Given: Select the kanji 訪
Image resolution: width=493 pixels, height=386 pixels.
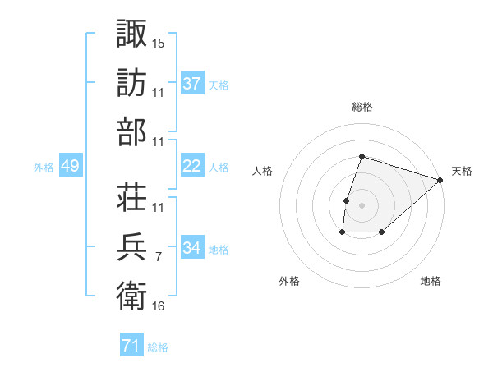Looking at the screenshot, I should tap(131, 82).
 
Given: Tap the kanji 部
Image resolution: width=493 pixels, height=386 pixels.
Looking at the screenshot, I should tap(131, 132).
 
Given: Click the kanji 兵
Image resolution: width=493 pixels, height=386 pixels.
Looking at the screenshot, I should tap(131, 246).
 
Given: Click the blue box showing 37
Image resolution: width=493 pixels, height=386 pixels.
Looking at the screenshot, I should tap(191, 83).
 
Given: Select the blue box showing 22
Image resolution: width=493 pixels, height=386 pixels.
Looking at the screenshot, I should tap(191, 166).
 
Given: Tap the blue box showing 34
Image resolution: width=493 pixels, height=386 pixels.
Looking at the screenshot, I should tap(191, 248).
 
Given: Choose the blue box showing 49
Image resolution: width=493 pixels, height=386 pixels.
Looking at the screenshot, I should tap(70, 166).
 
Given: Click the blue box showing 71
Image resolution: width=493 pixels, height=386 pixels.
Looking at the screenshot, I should tap(131, 347).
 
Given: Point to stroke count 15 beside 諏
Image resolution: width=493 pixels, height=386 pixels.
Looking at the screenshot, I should tap(159, 43).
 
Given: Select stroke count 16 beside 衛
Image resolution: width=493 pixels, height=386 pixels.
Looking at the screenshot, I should tap(159, 306).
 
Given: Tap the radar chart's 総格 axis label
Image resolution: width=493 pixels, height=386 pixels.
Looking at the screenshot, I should tap(362, 107).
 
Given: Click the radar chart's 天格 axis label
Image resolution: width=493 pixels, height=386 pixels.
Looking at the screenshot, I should tap(462, 171).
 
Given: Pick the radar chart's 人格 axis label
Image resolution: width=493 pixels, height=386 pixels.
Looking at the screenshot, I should tap(262, 171).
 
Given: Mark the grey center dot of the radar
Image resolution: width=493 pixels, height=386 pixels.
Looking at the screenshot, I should tap(362, 205).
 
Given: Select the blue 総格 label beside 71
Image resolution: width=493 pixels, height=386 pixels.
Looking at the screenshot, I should tap(158, 347).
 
